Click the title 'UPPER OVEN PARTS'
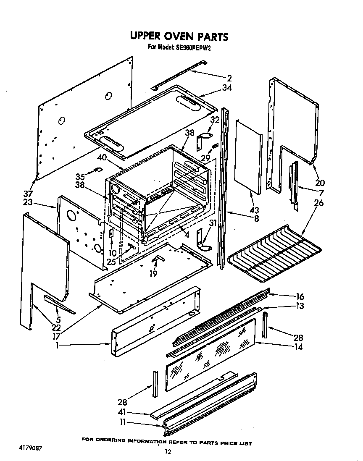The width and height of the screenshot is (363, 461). [x=179, y=36]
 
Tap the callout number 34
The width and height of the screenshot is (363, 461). [x=227, y=88]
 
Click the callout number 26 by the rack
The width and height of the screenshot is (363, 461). [x=319, y=203]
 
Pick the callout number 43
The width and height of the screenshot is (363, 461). [x=254, y=210]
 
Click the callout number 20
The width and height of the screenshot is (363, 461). [x=320, y=183]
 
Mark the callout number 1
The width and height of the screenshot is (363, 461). [x=57, y=346]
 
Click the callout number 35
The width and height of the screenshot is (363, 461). [x=80, y=177]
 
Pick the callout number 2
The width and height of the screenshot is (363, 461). [x=229, y=78]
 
